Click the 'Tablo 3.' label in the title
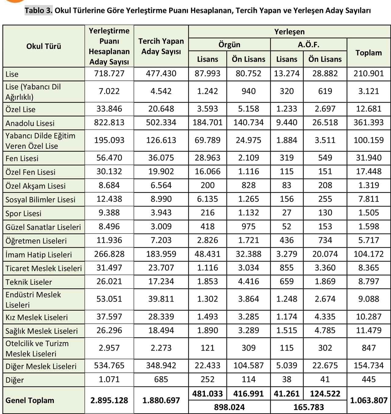pyautogui.click(x=38, y=10)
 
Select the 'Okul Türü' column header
pyautogui.click(x=44, y=46)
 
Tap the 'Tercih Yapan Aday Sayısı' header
pyautogui.click(x=161, y=46)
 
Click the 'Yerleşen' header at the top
pyautogui.click(x=289, y=32)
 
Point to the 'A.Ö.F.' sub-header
pyautogui.click(x=309, y=45)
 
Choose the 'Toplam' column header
pyautogui.click(x=369, y=53)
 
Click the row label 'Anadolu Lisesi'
pyautogui.click(x=30, y=123)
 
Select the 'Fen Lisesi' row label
pyautogui.click(x=22, y=158)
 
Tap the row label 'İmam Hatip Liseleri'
pyautogui.click(x=38, y=255)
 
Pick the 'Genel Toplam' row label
pyautogui.click(x=30, y=400)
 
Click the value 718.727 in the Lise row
pyautogui.click(x=109, y=74)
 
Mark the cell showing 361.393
pyautogui.click(x=369, y=122)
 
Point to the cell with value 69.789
pyautogui.click(x=207, y=140)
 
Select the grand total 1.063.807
pyautogui.click(x=369, y=400)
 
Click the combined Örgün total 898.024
pyautogui.click(x=229, y=407)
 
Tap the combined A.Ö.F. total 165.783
pyautogui.click(x=309, y=407)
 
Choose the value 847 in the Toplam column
pyautogui.click(x=369, y=348)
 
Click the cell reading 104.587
pyautogui.click(x=248, y=365)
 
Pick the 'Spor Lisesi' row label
pyautogui.click(x=23, y=213)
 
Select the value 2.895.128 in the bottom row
pyautogui.click(x=109, y=400)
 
